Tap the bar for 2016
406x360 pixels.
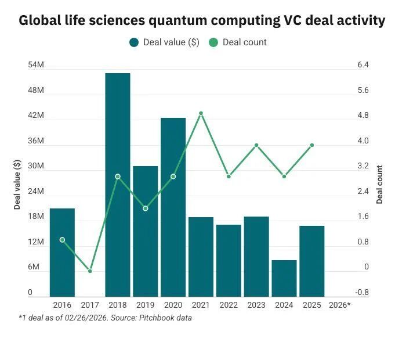[x=62, y=252]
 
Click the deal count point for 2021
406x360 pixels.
[x=201, y=113]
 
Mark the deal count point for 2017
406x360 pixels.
[x=90, y=271]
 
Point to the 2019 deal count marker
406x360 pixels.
[x=146, y=208]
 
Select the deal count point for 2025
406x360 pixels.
[x=312, y=145]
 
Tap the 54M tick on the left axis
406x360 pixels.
[x=36, y=65]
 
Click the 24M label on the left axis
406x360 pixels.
[x=36, y=192]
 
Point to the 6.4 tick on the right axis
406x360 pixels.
[x=364, y=65]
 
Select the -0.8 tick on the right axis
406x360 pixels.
[x=363, y=293]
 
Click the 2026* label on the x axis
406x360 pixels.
[x=339, y=305]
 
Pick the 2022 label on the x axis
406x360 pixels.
[x=229, y=305]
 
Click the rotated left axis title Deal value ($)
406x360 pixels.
[x=17, y=185]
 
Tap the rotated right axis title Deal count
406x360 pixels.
[x=380, y=185]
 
